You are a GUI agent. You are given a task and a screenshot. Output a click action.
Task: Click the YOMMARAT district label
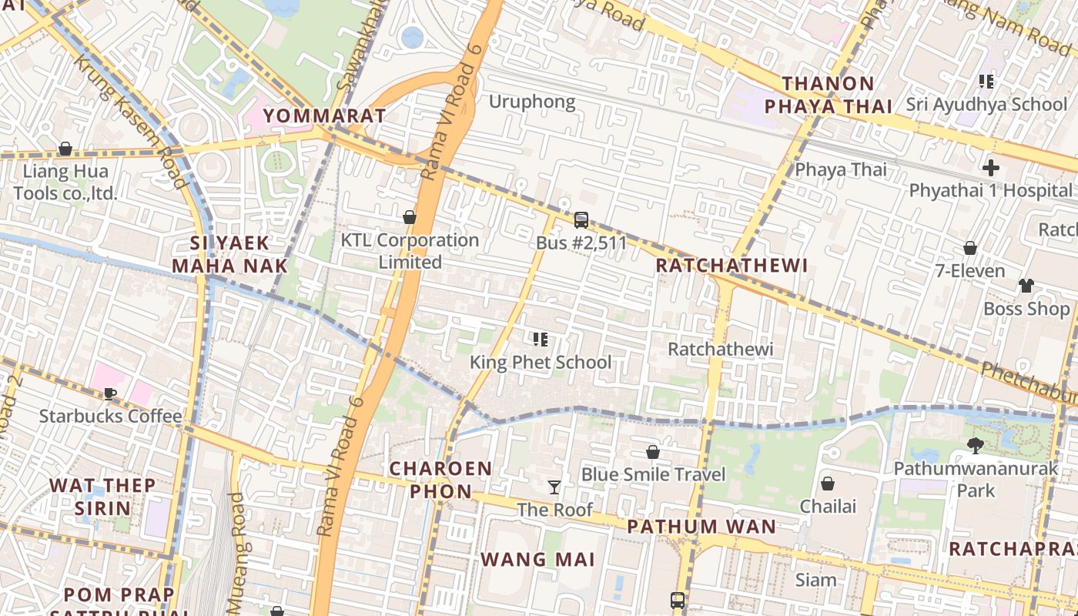point(324,116)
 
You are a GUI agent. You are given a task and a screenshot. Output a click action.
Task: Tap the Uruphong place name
point(532,102)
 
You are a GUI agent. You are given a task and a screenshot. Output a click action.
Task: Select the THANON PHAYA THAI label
point(828,95)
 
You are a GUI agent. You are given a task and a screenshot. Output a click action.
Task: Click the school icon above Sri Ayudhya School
point(986,81)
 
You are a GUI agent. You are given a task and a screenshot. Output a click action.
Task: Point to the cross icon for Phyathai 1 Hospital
point(991,167)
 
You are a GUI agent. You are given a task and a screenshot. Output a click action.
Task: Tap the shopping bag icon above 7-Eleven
point(970,248)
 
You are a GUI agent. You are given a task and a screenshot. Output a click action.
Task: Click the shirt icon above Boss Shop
point(1026,286)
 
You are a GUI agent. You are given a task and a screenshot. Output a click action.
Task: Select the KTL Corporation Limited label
point(410,251)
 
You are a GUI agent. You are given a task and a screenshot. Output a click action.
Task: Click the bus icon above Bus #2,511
point(581,220)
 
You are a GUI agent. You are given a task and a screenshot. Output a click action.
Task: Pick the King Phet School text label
point(541,362)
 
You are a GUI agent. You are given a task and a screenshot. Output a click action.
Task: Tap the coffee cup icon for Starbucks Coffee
point(110,393)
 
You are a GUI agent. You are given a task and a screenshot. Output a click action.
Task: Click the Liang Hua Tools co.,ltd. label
point(65,182)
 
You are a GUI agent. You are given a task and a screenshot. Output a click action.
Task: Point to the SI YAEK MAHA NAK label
point(229,255)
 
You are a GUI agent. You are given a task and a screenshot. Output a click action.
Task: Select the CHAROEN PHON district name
point(440,480)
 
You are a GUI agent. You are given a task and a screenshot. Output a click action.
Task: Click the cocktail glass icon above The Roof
point(554,487)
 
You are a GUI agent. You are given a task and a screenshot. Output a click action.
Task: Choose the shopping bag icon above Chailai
point(828,484)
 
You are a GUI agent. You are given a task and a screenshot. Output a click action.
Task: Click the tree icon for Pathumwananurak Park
point(976,445)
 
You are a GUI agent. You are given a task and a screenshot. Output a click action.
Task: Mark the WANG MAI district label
point(537,559)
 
